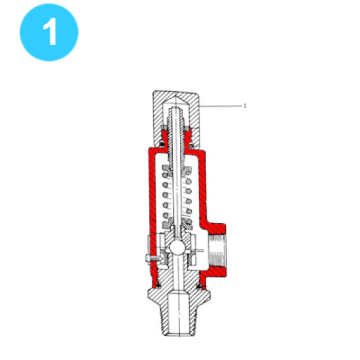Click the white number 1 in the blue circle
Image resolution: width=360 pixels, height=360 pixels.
(x=50, y=31)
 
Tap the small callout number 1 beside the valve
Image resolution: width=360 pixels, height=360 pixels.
(x=245, y=106)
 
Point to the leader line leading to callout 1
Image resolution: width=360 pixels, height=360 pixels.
(x=221, y=106)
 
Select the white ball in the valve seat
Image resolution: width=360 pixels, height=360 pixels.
(x=177, y=247)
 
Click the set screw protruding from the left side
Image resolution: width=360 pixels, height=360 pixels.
(x=153, y=258)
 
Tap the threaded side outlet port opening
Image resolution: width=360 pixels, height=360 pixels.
(x=216, y=252)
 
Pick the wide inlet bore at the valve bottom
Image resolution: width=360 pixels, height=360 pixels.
(x=178, y=314)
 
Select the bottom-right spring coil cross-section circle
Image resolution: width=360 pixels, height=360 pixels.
(x=189, y=221)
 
